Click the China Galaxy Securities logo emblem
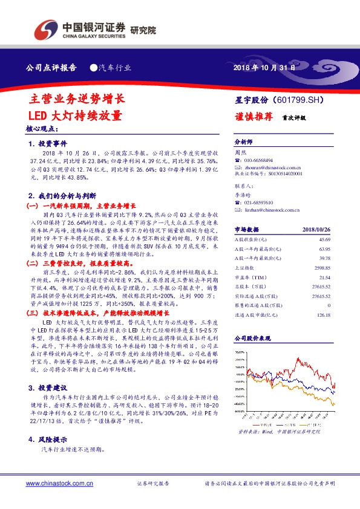pos(45,28)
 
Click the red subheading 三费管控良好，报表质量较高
pos(91,264)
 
